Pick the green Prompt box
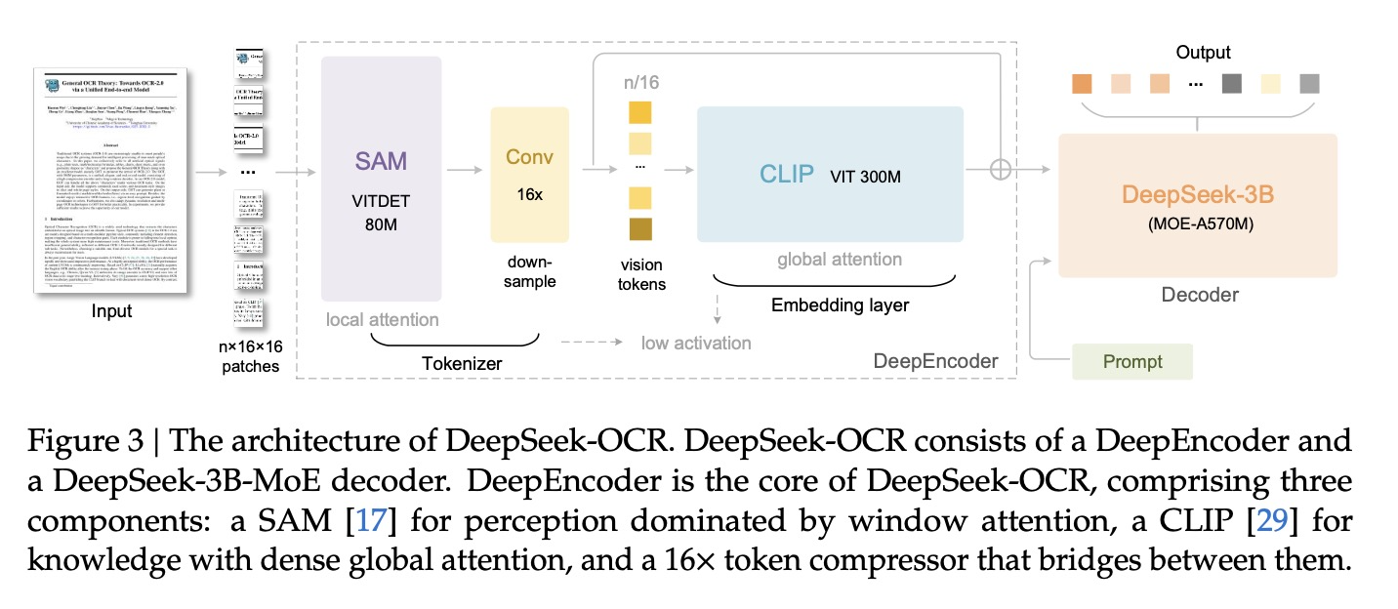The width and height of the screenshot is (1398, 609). pos(1132,361)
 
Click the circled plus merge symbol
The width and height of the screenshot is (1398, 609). pos(1001,170)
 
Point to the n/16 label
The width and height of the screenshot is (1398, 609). pos(641,82)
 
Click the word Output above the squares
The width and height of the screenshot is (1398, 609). pos(1203,52)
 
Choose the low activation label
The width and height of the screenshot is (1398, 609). pos(696,343)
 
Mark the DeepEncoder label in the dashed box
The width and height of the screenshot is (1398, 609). pos(934,361)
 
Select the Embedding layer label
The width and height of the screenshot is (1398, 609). pos(840,304)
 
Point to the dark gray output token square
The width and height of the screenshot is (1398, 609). pos(1230,85)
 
